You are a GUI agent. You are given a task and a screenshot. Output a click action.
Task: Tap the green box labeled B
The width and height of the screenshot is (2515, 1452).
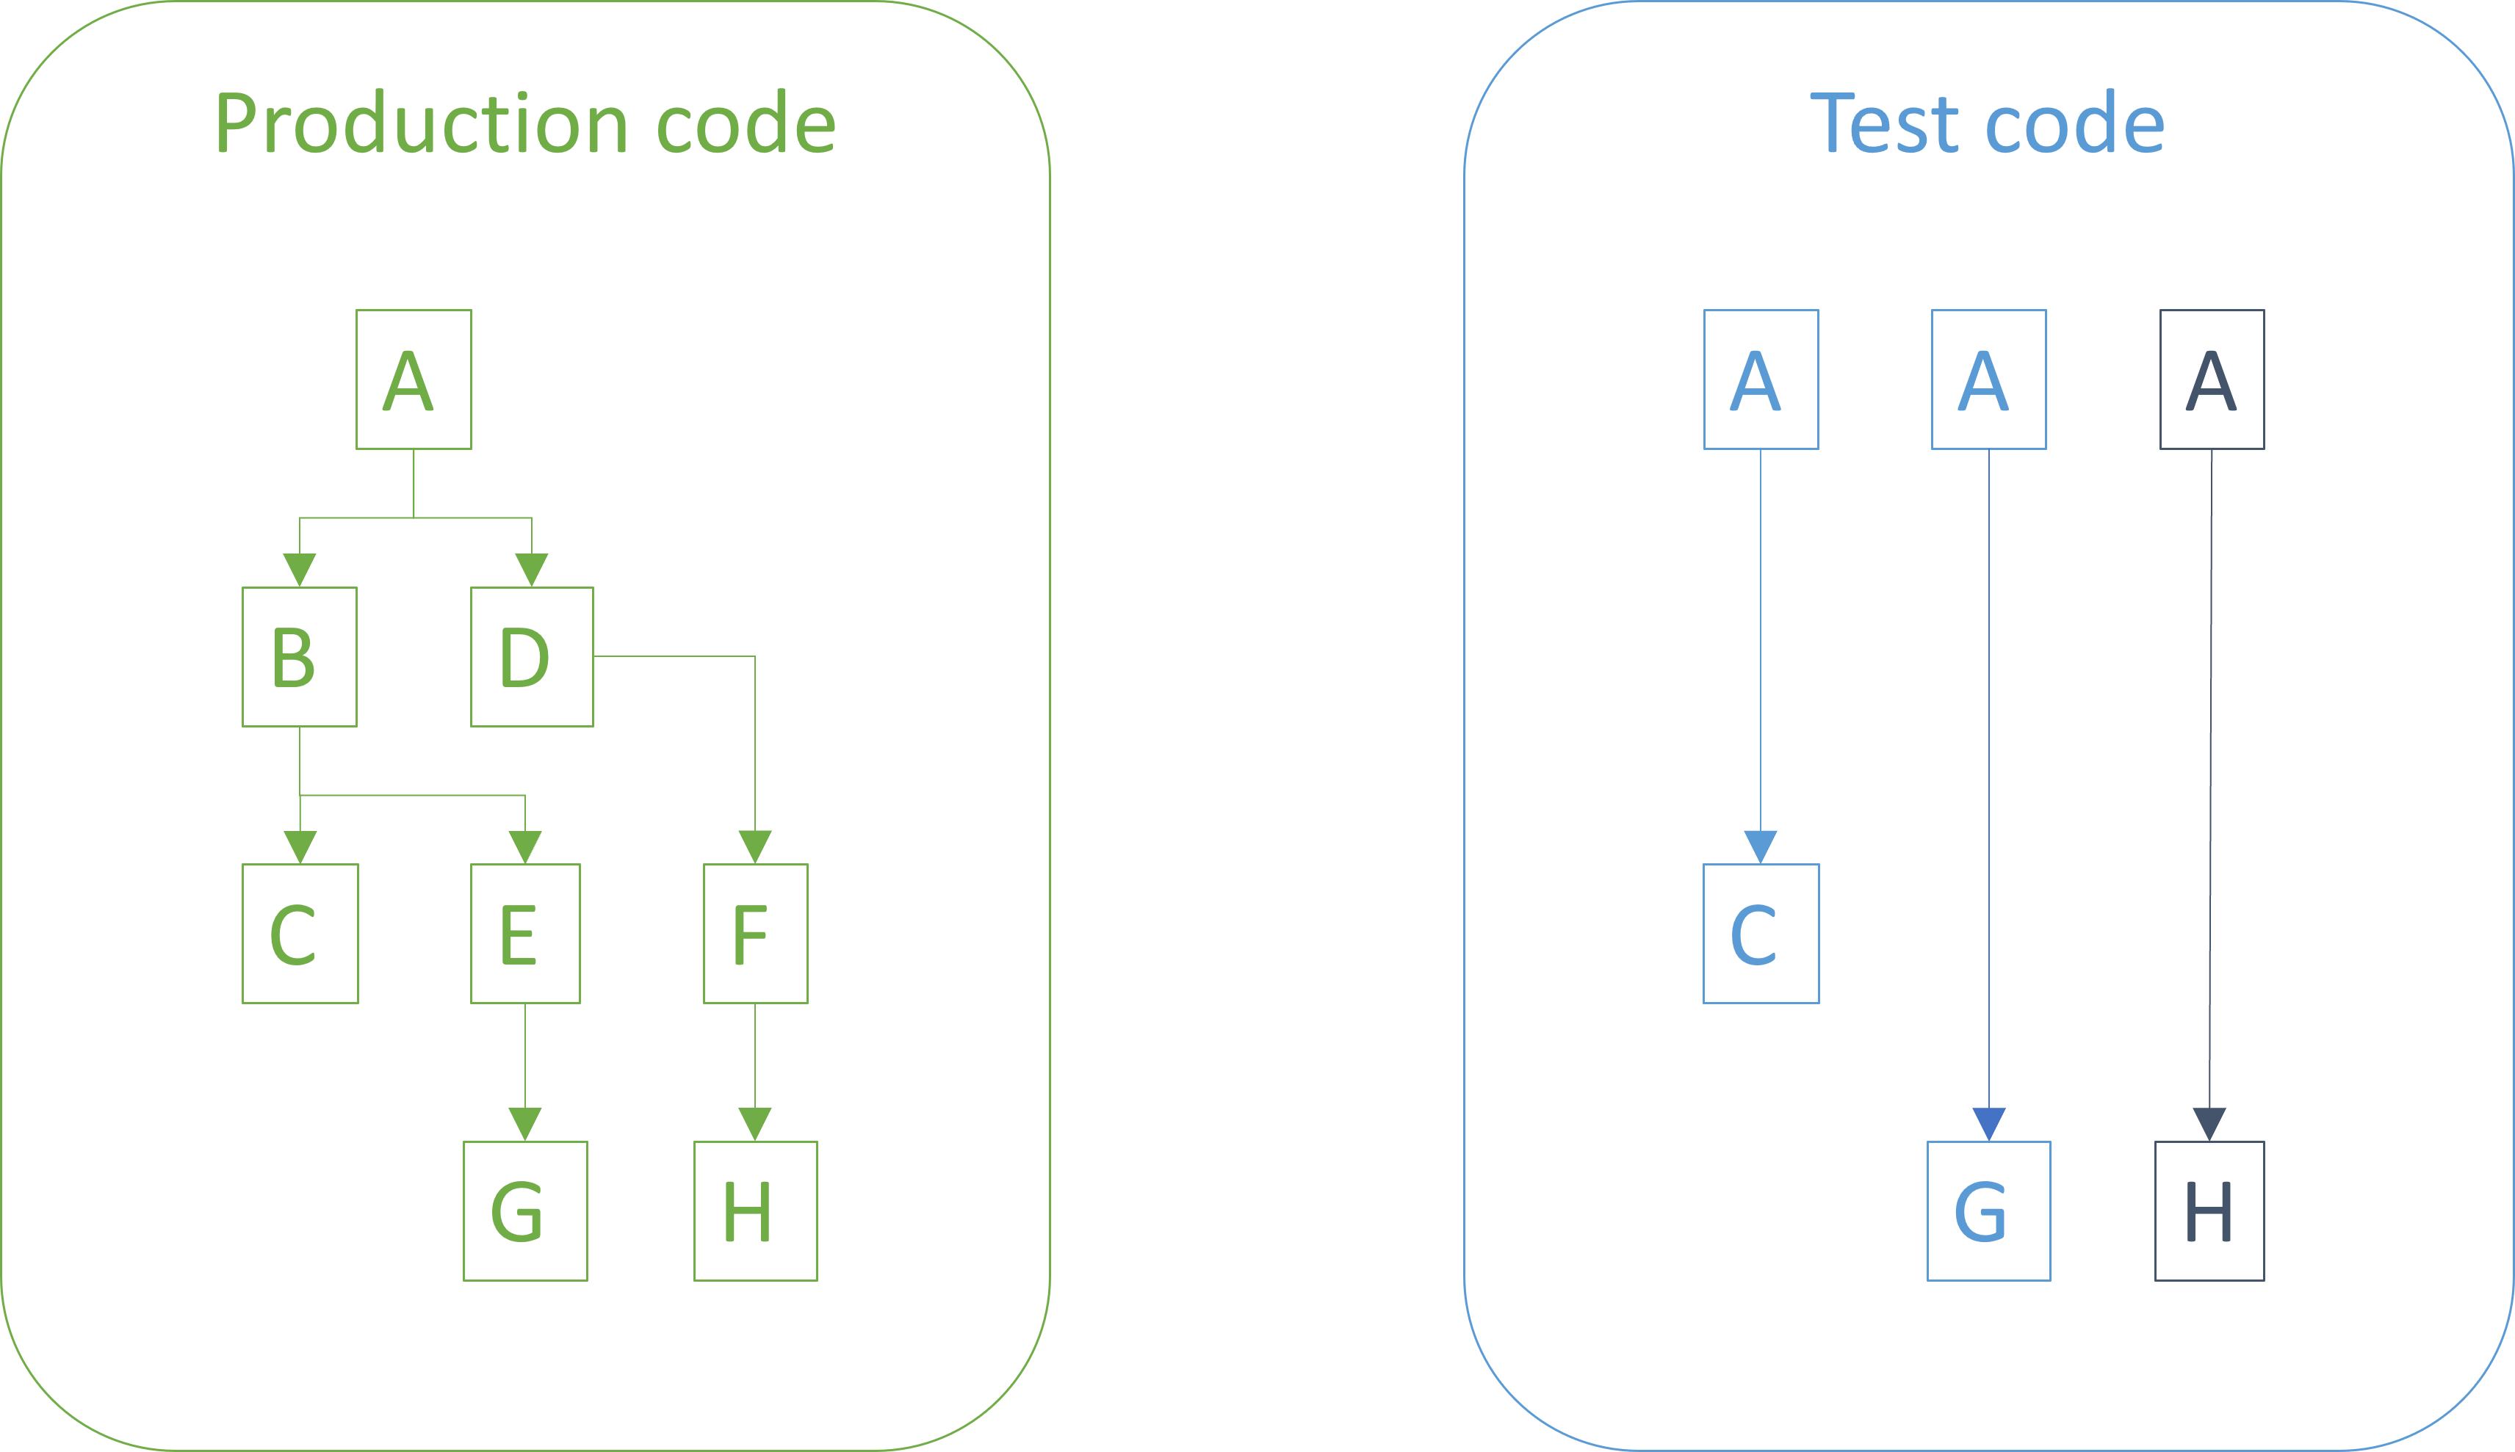click(299, 656)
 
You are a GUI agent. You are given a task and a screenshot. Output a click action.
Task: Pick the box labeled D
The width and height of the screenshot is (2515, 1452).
click(532, 656)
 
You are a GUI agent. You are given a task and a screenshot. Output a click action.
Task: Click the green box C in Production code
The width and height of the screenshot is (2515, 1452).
click(299, 934)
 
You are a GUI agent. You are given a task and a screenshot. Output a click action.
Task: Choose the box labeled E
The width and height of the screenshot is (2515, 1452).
click(524, 934)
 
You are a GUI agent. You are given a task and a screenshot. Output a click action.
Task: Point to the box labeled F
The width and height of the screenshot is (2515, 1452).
click(755, 934)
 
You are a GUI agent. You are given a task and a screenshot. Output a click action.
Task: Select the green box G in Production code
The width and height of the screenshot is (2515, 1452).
click(524, 1210)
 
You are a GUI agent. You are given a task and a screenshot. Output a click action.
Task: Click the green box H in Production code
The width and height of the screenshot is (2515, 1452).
click(755, 1210)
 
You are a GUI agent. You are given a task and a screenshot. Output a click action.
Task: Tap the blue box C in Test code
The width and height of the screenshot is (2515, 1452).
click(1761, 934)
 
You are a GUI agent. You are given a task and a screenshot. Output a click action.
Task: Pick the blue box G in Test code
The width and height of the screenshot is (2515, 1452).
click(1988, 1210)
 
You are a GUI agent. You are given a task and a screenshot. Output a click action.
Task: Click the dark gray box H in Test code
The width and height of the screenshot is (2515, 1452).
click(2209, 1210)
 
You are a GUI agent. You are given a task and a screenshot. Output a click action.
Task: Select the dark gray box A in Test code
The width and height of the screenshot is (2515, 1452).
click(2212, 379)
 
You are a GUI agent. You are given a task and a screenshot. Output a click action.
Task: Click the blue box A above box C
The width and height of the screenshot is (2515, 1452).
click(1761, 379)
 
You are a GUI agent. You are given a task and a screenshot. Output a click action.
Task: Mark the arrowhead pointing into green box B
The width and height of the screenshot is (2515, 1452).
click(299, 570)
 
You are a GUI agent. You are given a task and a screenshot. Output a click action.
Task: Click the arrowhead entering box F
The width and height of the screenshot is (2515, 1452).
click(755, 846)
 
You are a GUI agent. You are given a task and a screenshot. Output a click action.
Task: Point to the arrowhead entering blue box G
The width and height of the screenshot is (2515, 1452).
click(1988, 1124)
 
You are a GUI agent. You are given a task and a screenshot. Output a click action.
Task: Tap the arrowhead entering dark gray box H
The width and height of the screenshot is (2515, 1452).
click(2209, 1124)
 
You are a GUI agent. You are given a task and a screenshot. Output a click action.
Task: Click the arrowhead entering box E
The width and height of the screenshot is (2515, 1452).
click(524, 846)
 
